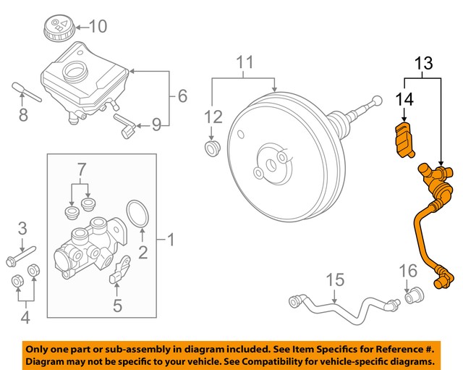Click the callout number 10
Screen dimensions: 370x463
pos(97,28)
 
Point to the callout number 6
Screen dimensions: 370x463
pos(182,95)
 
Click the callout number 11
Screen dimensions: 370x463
pos(246,63)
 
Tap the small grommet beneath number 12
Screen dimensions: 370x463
pos(212,149)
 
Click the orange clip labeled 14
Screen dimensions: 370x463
pos(403,140)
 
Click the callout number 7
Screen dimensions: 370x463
pos(82,171)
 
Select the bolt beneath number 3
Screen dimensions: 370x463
pos(25,257)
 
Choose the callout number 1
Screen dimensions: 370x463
pos(171,238)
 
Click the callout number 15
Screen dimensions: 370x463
pos(334,278)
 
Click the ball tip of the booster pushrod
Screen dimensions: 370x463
pos(376,101)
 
